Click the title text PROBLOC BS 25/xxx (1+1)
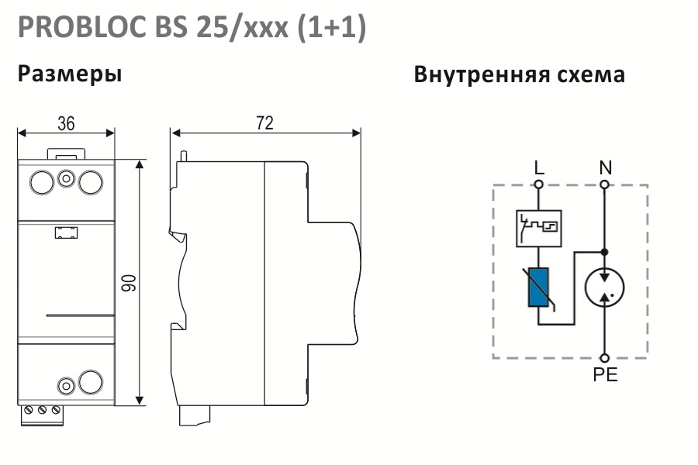coord(192,28)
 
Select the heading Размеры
coord(70,74)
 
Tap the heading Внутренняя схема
coord(519,74)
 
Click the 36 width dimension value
coord(66,124)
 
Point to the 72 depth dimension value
coord(265,123)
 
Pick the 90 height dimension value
coord(129,283)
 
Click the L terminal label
coord(539,167)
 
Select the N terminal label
coord(606,167)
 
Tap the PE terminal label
coord(606,374)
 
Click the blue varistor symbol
coord(538,288)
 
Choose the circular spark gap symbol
coord(604,288)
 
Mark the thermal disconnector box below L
coord(539,229)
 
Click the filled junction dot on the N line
coord(604,253)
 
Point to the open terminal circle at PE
coord(604,358)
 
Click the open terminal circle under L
coord(539,184)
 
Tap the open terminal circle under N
coord(604,184)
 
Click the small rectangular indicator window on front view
coord(67,232)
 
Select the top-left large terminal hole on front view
coord(42,182)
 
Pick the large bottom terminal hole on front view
coord(91,382)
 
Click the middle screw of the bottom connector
coord(43,410)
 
